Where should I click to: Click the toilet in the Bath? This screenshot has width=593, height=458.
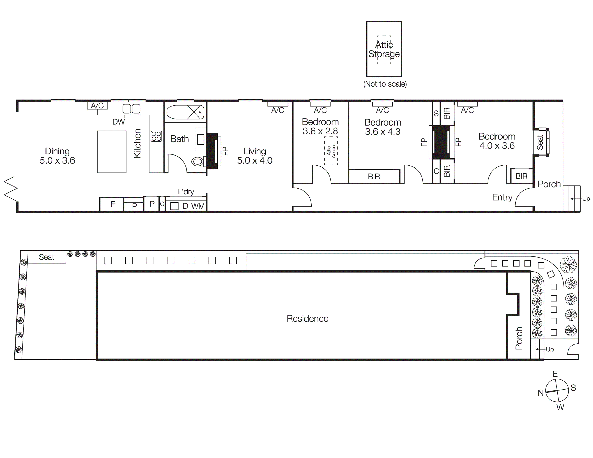197,162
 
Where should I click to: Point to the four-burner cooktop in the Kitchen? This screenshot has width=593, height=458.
156,136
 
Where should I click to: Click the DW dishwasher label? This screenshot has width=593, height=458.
119,122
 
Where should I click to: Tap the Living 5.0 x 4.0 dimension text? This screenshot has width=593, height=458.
255,161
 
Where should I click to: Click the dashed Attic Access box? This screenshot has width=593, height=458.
331,151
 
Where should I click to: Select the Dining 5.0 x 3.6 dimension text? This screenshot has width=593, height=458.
57,161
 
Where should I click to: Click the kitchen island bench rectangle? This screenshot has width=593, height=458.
112,152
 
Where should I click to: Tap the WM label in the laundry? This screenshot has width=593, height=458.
198,206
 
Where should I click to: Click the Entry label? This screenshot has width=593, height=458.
502,197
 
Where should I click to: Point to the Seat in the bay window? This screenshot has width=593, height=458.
540,142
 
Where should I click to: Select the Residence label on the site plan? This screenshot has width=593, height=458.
307,319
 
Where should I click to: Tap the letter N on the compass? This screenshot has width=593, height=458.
541,393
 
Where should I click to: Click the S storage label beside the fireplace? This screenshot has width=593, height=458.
436,113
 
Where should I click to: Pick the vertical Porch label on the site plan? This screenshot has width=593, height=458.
519,338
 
